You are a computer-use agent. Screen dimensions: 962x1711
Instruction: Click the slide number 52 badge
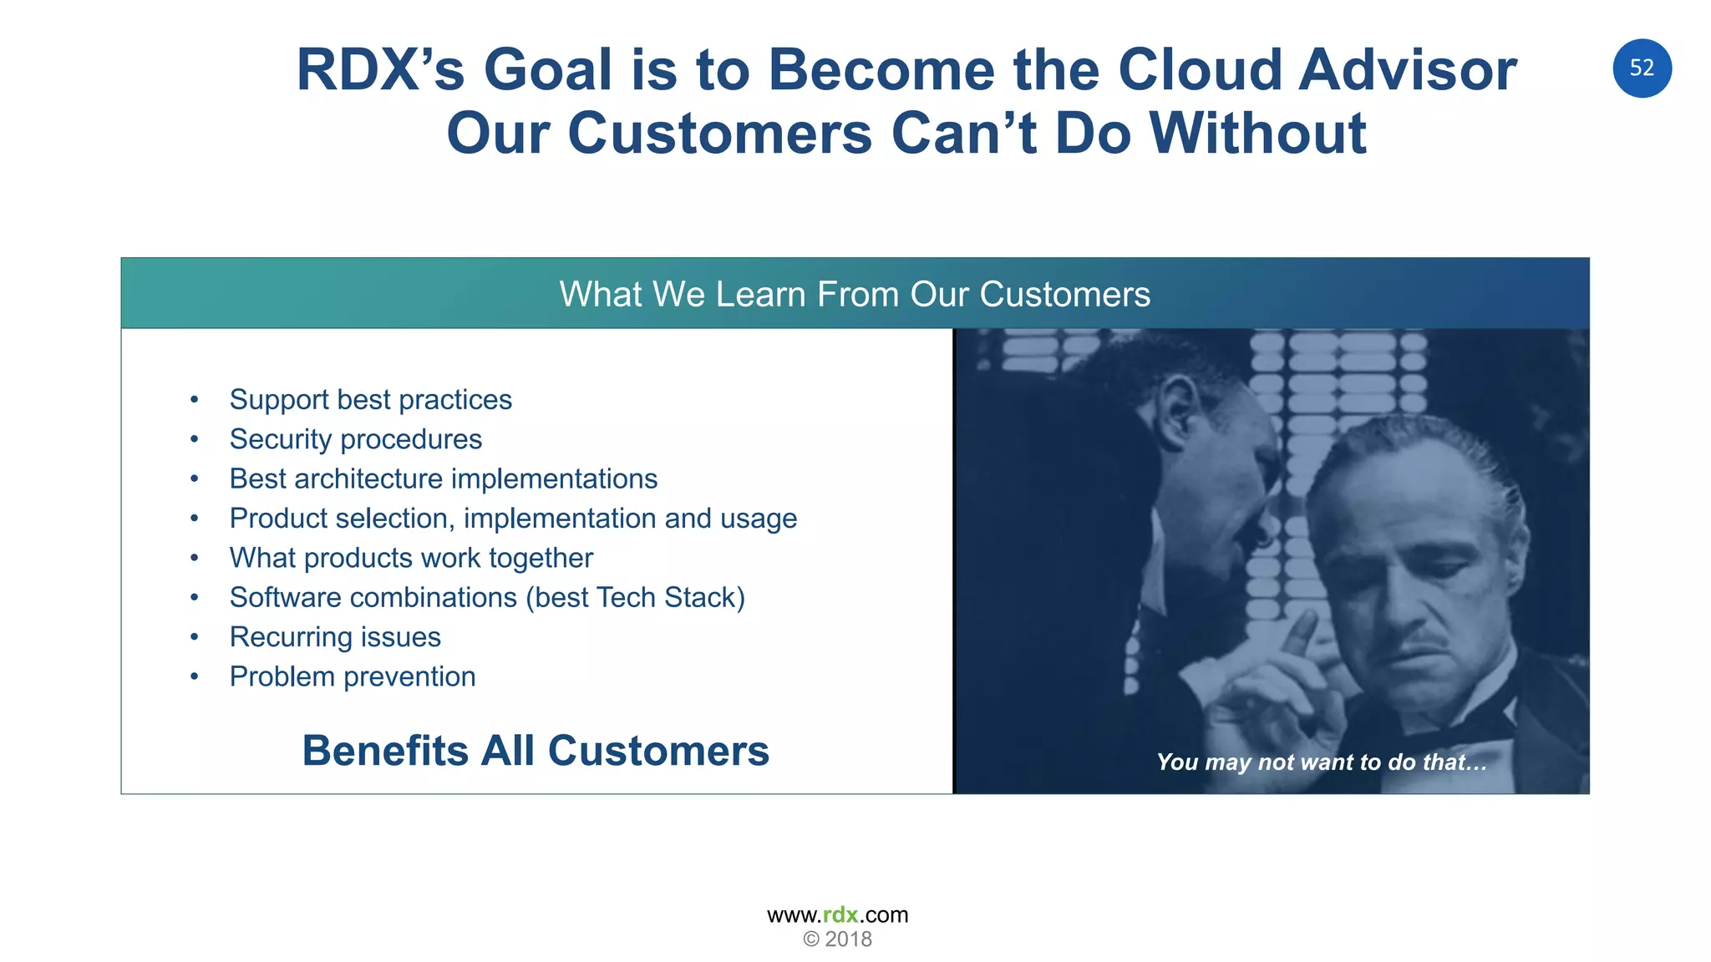1642,68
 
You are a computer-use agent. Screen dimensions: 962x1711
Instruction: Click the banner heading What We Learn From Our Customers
855,294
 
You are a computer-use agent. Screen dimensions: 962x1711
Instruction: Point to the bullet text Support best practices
370,400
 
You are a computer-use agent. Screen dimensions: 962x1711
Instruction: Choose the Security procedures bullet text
356,439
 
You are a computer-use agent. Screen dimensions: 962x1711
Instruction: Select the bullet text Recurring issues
335,637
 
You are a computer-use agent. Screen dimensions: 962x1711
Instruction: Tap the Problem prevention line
353,676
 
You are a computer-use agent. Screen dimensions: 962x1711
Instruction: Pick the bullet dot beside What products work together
195,558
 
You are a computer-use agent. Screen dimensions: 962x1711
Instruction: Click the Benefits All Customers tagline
536,751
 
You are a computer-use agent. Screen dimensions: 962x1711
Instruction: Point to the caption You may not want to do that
1321,762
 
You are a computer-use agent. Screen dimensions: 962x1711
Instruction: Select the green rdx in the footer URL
840,915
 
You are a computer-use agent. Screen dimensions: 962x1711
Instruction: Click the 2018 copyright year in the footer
848,939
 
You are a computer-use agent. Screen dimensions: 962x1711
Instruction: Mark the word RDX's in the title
380,69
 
